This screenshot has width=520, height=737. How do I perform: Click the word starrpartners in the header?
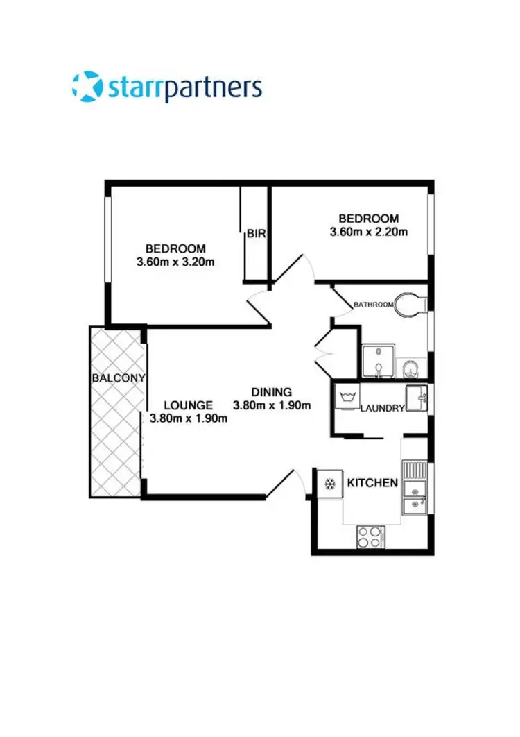point(185,87)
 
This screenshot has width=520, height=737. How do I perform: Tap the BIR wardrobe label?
point(256,234)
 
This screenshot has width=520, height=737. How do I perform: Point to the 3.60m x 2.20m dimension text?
point(368,231)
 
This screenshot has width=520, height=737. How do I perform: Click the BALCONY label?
point(118,378)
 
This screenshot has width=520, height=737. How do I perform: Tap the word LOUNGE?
point(188,405)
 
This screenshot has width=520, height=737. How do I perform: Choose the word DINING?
point(271,391)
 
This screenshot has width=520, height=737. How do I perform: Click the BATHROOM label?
point(374,304)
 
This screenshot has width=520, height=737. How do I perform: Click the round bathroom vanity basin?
point(412,366)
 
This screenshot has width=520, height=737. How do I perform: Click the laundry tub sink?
point(418,398)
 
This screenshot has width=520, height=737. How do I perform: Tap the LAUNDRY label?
point(382,408)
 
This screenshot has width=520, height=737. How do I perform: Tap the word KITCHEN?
point(372,482)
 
